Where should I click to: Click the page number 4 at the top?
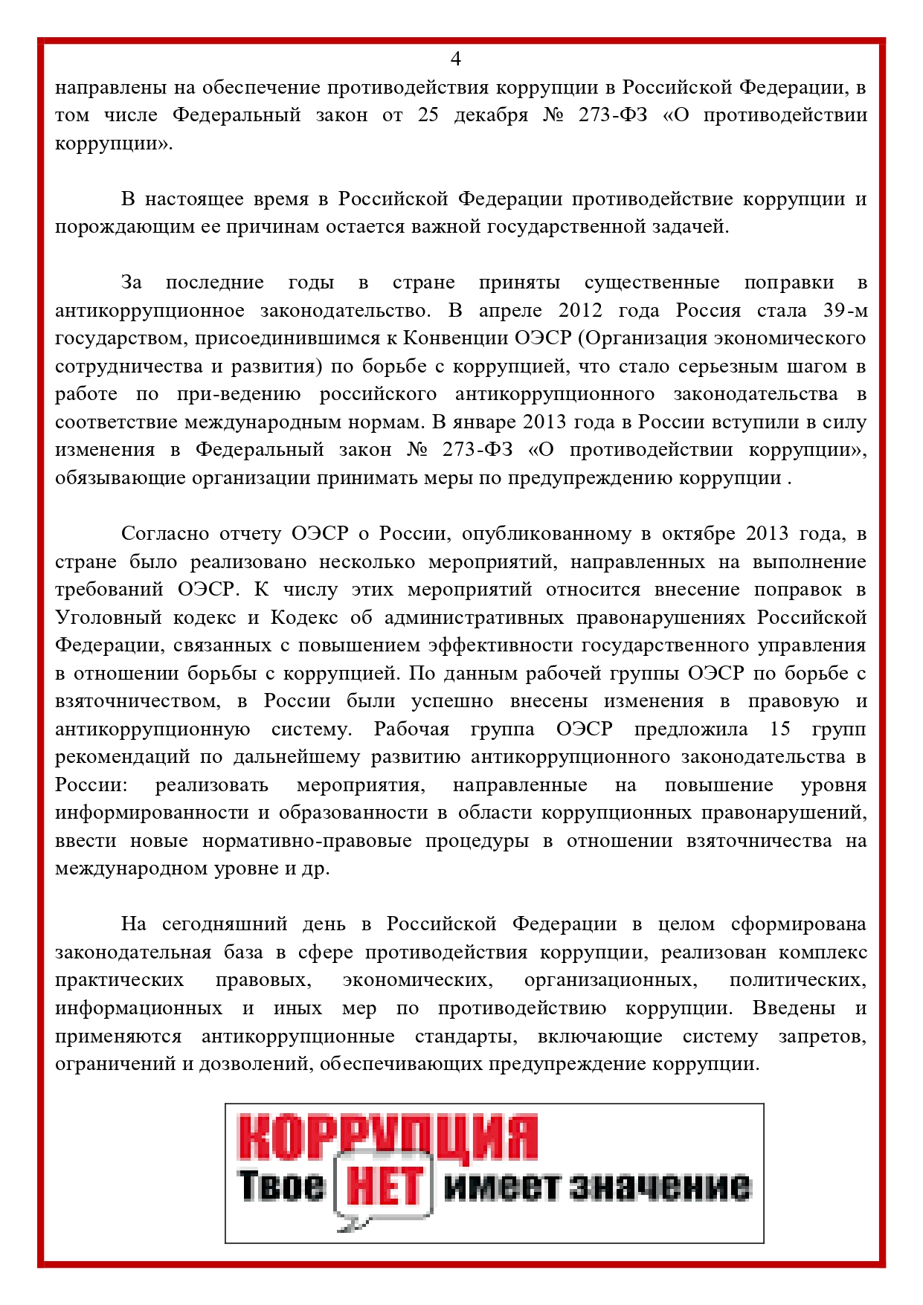(456, 59)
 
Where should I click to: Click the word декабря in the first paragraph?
(490, 115)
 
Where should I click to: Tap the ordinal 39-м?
(845, 310)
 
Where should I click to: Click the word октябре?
(698, 534)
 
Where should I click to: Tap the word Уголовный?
(108, 618)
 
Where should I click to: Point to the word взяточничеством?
(138, 701)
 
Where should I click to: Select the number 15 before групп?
(780, 729)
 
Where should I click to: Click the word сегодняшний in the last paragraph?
(224, 924)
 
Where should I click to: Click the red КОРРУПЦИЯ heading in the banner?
(387, 1137)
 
